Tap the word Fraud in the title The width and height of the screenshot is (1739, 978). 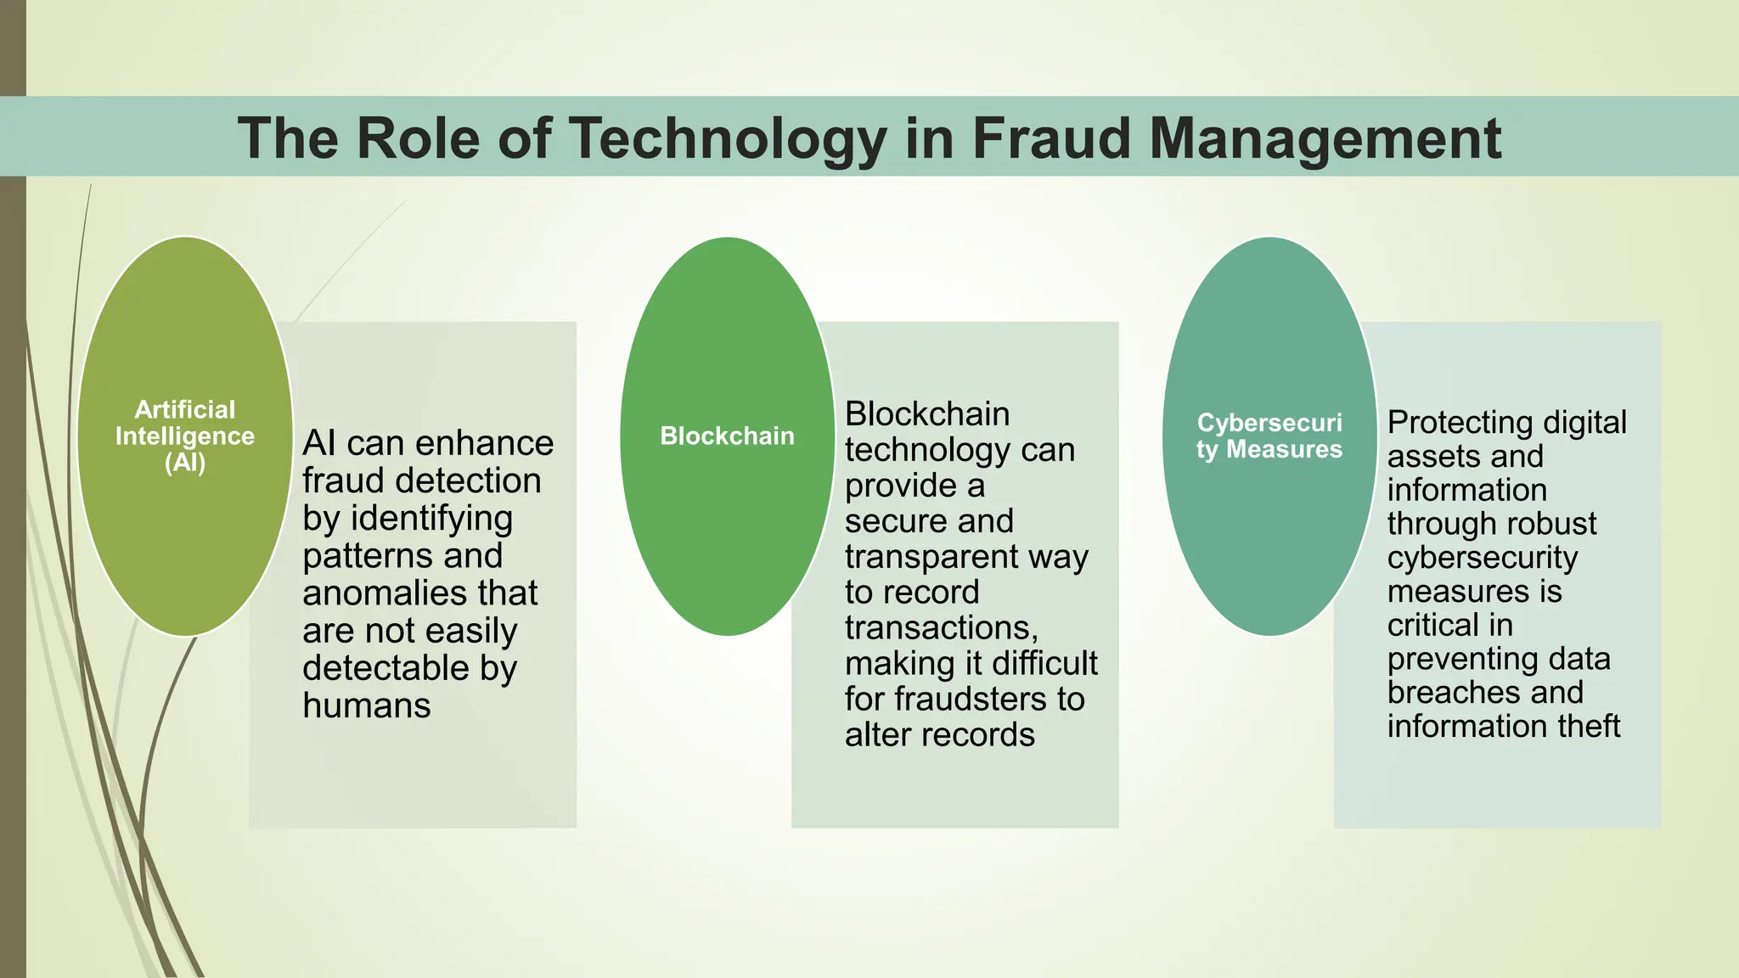click(x=1051, y=138)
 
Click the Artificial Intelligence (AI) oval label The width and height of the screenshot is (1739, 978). click(x=185, y=436)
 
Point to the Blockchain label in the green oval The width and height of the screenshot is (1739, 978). click(x=728, y=436)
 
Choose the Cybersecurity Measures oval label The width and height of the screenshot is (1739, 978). click(x=1269, y=436)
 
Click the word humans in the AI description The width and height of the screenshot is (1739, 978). click(x=367, y=705)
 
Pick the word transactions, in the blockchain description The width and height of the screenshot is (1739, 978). click(x=942, y=628)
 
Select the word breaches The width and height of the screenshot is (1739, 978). click(x=1442, y=693)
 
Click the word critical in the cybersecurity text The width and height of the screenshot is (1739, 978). click(x=1431, y=626)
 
